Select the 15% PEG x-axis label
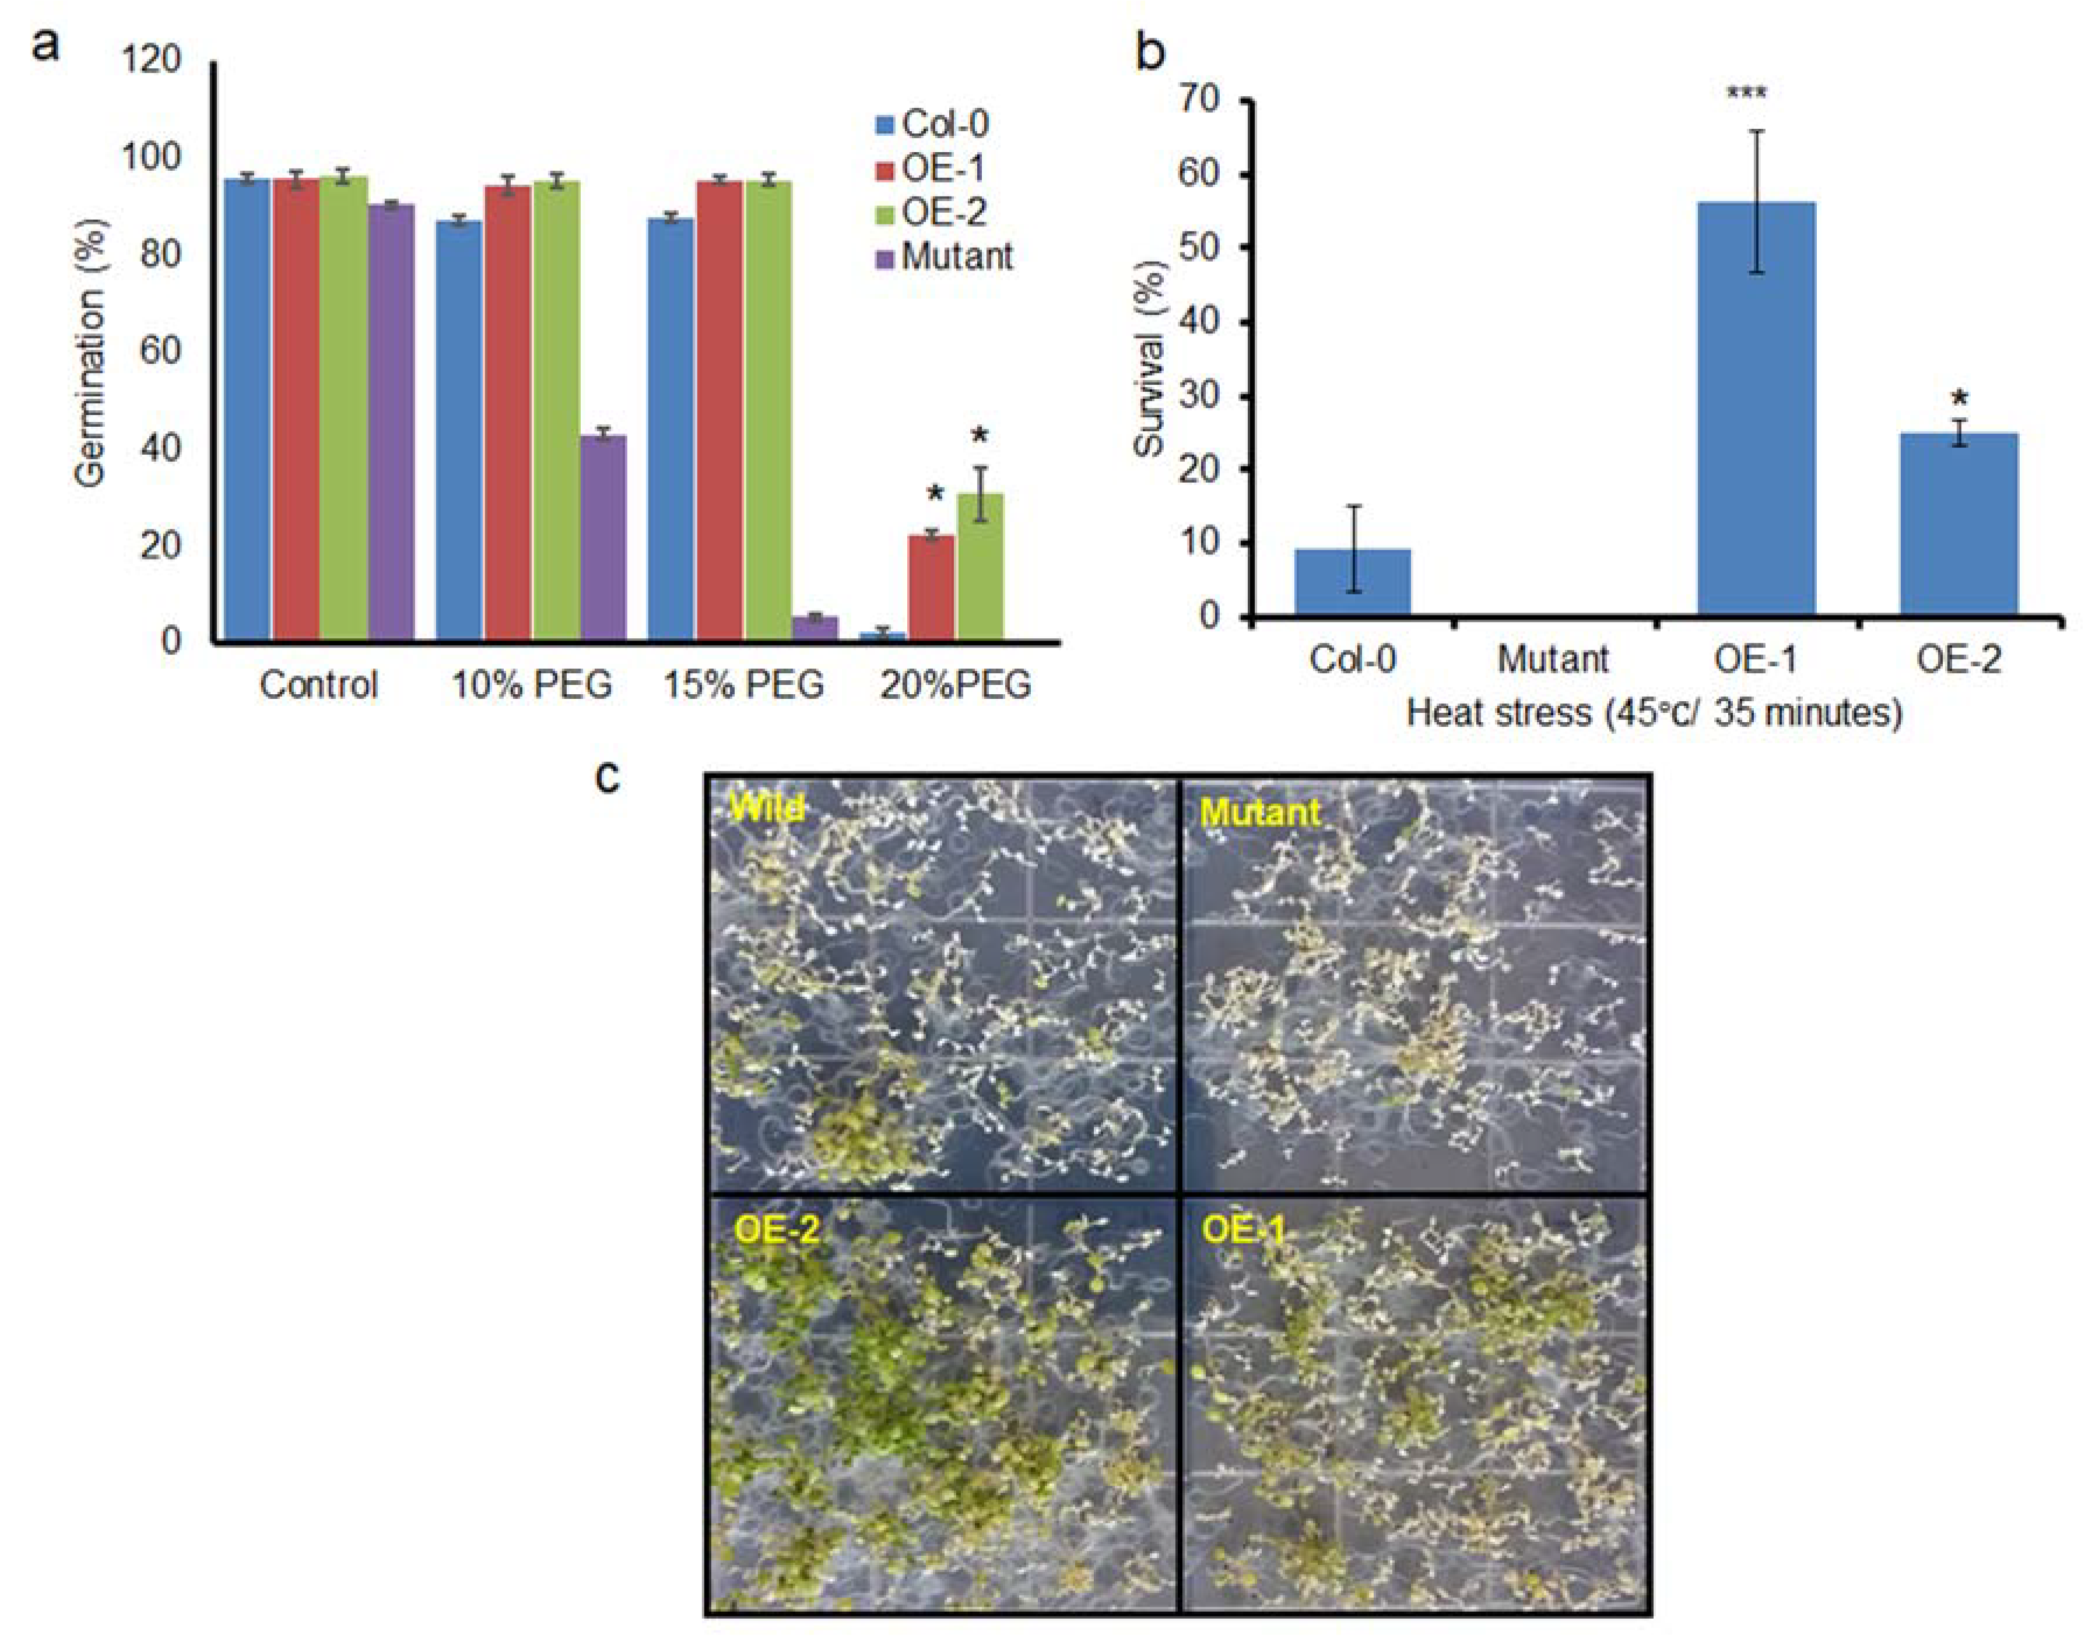743,684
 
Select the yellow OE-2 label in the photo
777,1230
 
